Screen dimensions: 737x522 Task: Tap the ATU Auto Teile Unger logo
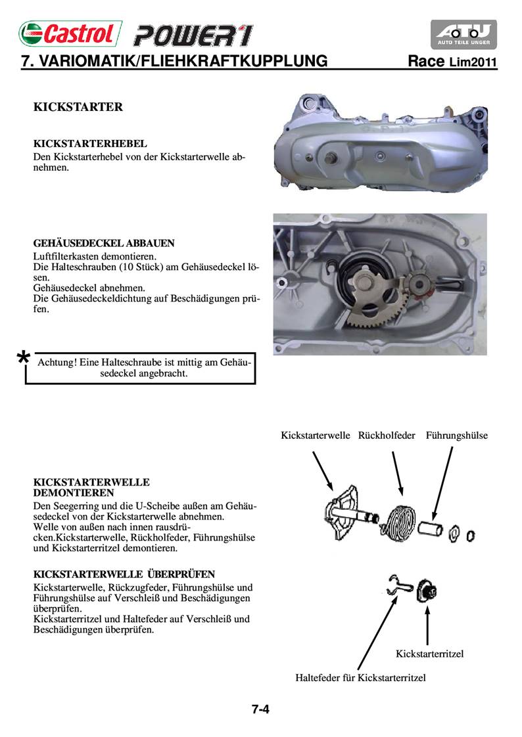(x=463, y=35)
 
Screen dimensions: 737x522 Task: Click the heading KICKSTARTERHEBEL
(x=89, y=143)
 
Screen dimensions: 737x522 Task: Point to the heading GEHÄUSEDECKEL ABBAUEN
(x=103, y=243)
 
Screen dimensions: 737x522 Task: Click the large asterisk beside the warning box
(x=23, y=359)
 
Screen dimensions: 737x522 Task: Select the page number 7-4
(x=261, y=709)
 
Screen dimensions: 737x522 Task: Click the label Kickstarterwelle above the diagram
(x=315, y=435)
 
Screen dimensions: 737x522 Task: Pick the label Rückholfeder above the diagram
(x=387, y=435)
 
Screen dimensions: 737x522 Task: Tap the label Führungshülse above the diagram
(x=456, y=435)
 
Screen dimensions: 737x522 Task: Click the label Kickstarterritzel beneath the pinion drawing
(x=430, y=654)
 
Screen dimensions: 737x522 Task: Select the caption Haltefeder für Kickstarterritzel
(x=360, y=677)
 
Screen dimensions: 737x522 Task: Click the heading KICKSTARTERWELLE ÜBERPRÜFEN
(x=124, y=573)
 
